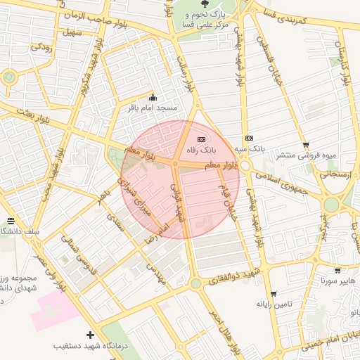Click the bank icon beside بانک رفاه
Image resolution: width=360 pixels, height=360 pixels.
[x=202, y=139]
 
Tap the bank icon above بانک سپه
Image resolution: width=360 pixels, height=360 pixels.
[x=249, y=139]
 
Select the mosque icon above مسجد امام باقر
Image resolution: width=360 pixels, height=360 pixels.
[x=153, y=97]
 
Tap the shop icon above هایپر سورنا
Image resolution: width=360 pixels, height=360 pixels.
[x=337, y=271]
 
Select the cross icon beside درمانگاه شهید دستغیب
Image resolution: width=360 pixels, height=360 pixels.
[x=89, y=335]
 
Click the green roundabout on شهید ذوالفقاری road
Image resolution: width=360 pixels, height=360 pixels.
[x=195, y=283]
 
